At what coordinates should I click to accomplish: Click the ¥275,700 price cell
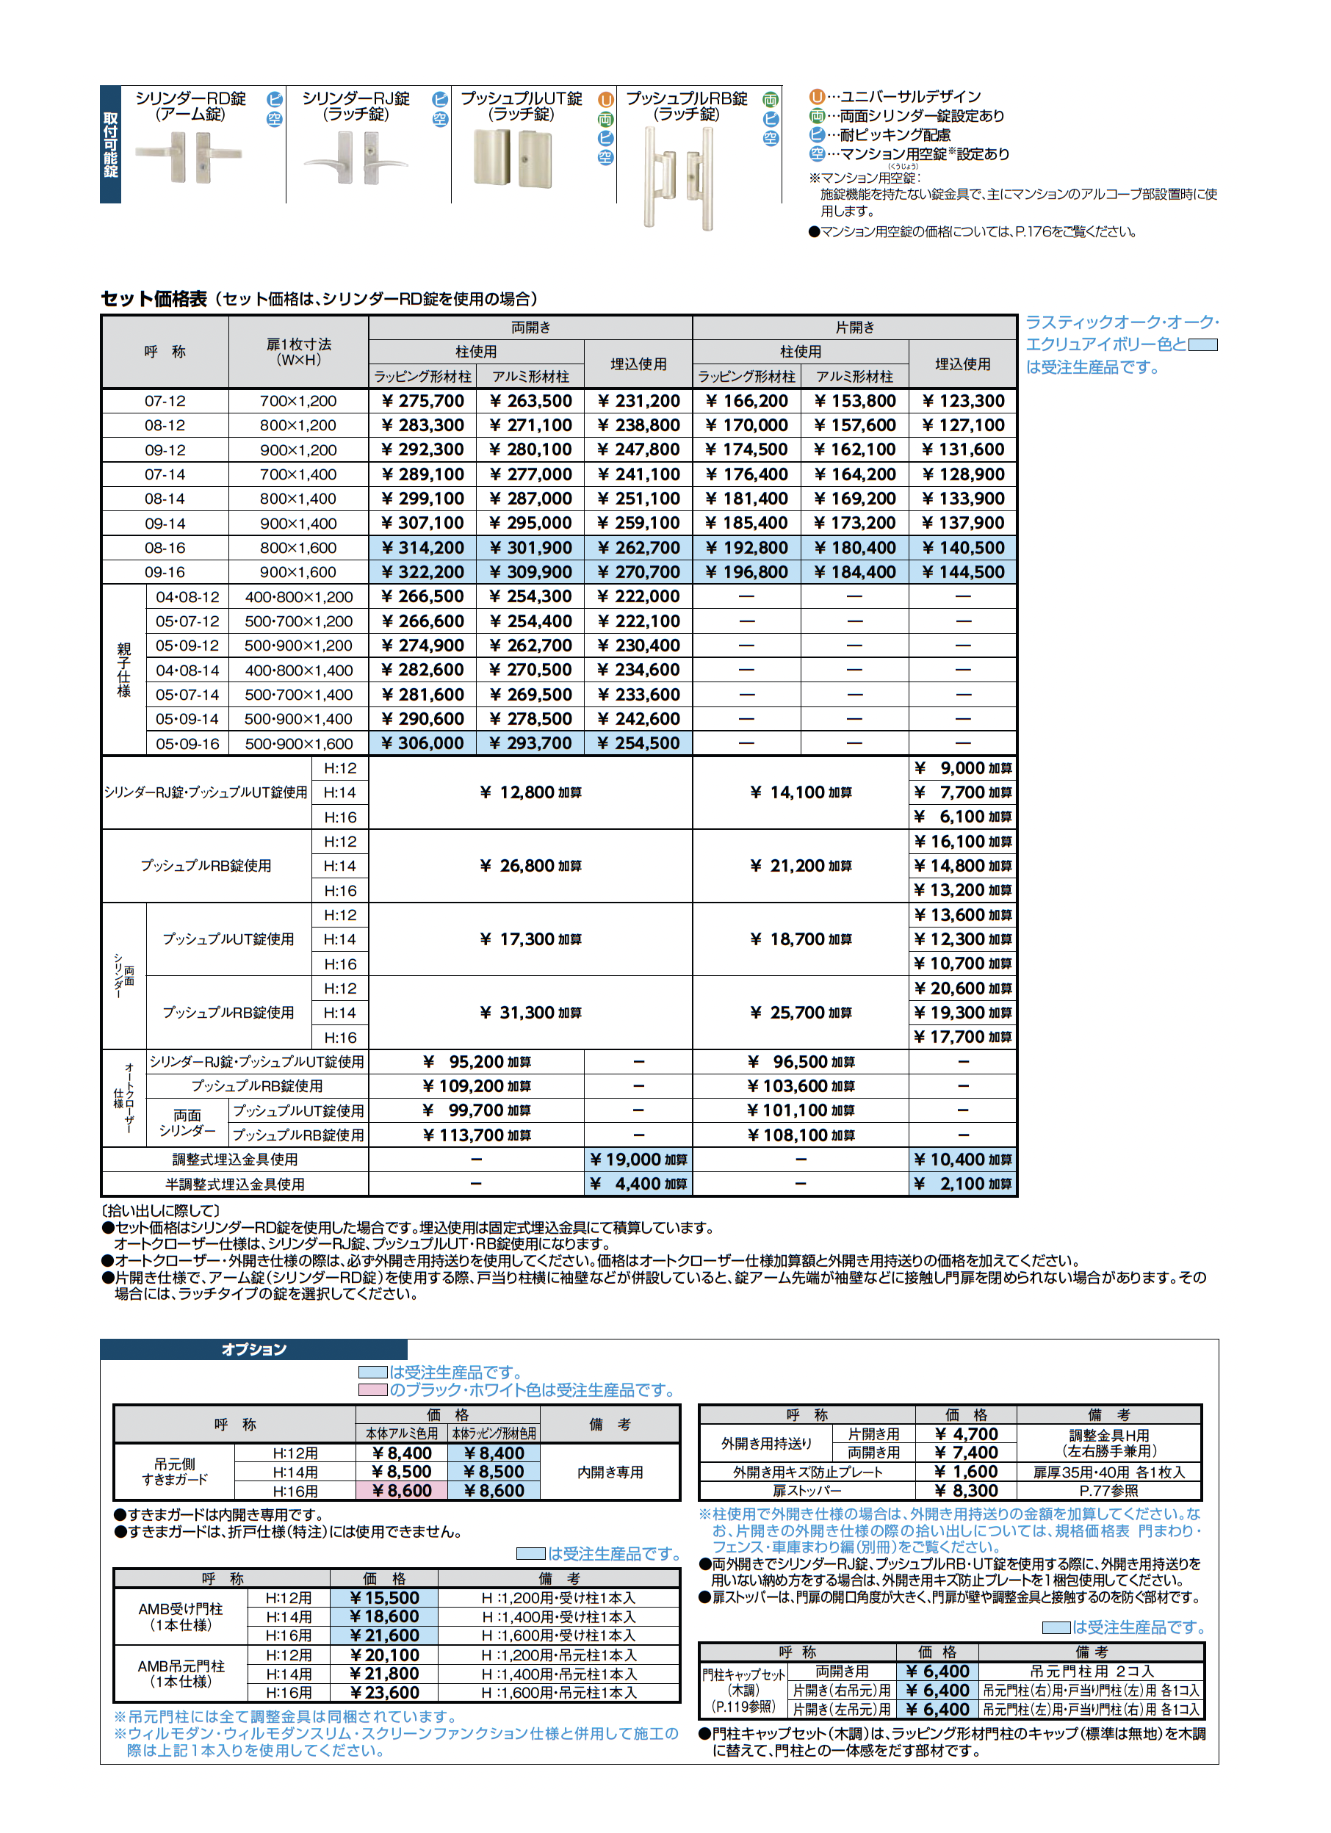[422, 401]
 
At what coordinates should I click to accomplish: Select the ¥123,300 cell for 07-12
[963, 401]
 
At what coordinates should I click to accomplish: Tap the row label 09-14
[165, 523]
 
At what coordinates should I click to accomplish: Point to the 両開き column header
[530, 328]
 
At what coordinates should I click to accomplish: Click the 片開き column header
[855, 328]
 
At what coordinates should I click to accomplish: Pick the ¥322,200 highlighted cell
[422, 572]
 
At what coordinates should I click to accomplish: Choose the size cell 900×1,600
[297, 572]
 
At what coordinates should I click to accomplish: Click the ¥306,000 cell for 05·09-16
[422, 743]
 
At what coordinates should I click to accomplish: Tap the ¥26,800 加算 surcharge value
[530, 866]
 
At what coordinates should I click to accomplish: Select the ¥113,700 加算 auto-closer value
[476, 1135]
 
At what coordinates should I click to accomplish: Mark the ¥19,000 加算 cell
[638, 1160]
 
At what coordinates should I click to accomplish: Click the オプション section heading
[254, 1349]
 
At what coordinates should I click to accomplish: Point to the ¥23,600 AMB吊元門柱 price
[384, 1693]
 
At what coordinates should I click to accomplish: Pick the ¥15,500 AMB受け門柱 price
[384, 1598]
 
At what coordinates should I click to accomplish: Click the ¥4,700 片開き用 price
[965, 1433]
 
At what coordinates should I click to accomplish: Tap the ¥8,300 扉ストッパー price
[965, 1490]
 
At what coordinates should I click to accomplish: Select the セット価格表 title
[154, 299]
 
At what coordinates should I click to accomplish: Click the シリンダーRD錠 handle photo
[187, 159]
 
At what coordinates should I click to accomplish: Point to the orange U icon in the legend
[817, 97]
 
